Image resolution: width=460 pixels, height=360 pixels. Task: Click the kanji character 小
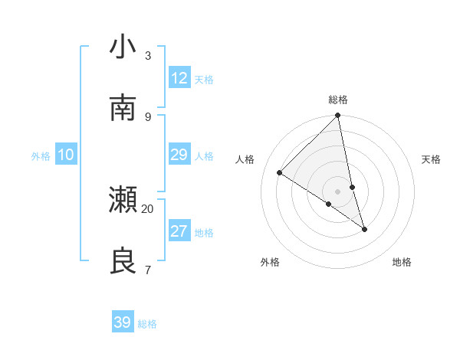123,47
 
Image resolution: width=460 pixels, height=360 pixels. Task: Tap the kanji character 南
123,108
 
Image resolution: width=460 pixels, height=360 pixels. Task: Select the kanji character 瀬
123,200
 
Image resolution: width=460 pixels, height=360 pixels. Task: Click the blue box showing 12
179,78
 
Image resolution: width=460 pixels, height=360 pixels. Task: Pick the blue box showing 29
179,155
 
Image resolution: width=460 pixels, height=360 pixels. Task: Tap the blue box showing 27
179,231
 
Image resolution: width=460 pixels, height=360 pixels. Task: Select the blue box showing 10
66,155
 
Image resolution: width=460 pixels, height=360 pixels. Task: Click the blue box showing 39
123,322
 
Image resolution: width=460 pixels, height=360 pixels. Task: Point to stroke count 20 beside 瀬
147,208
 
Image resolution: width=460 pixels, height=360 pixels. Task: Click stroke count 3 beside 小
147,55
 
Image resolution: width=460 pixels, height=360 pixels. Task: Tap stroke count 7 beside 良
147,270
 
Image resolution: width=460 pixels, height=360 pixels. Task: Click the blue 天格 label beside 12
204,80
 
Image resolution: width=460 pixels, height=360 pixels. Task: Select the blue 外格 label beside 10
41,156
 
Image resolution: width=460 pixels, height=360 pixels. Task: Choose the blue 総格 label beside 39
147,324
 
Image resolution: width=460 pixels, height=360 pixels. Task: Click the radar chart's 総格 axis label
338,100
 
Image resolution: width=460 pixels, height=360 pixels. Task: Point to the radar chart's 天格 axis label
432,159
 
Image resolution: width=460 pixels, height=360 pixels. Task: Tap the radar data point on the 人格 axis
280,173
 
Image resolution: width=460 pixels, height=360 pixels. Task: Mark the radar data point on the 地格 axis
365,229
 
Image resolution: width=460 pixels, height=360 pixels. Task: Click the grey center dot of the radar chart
338,191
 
